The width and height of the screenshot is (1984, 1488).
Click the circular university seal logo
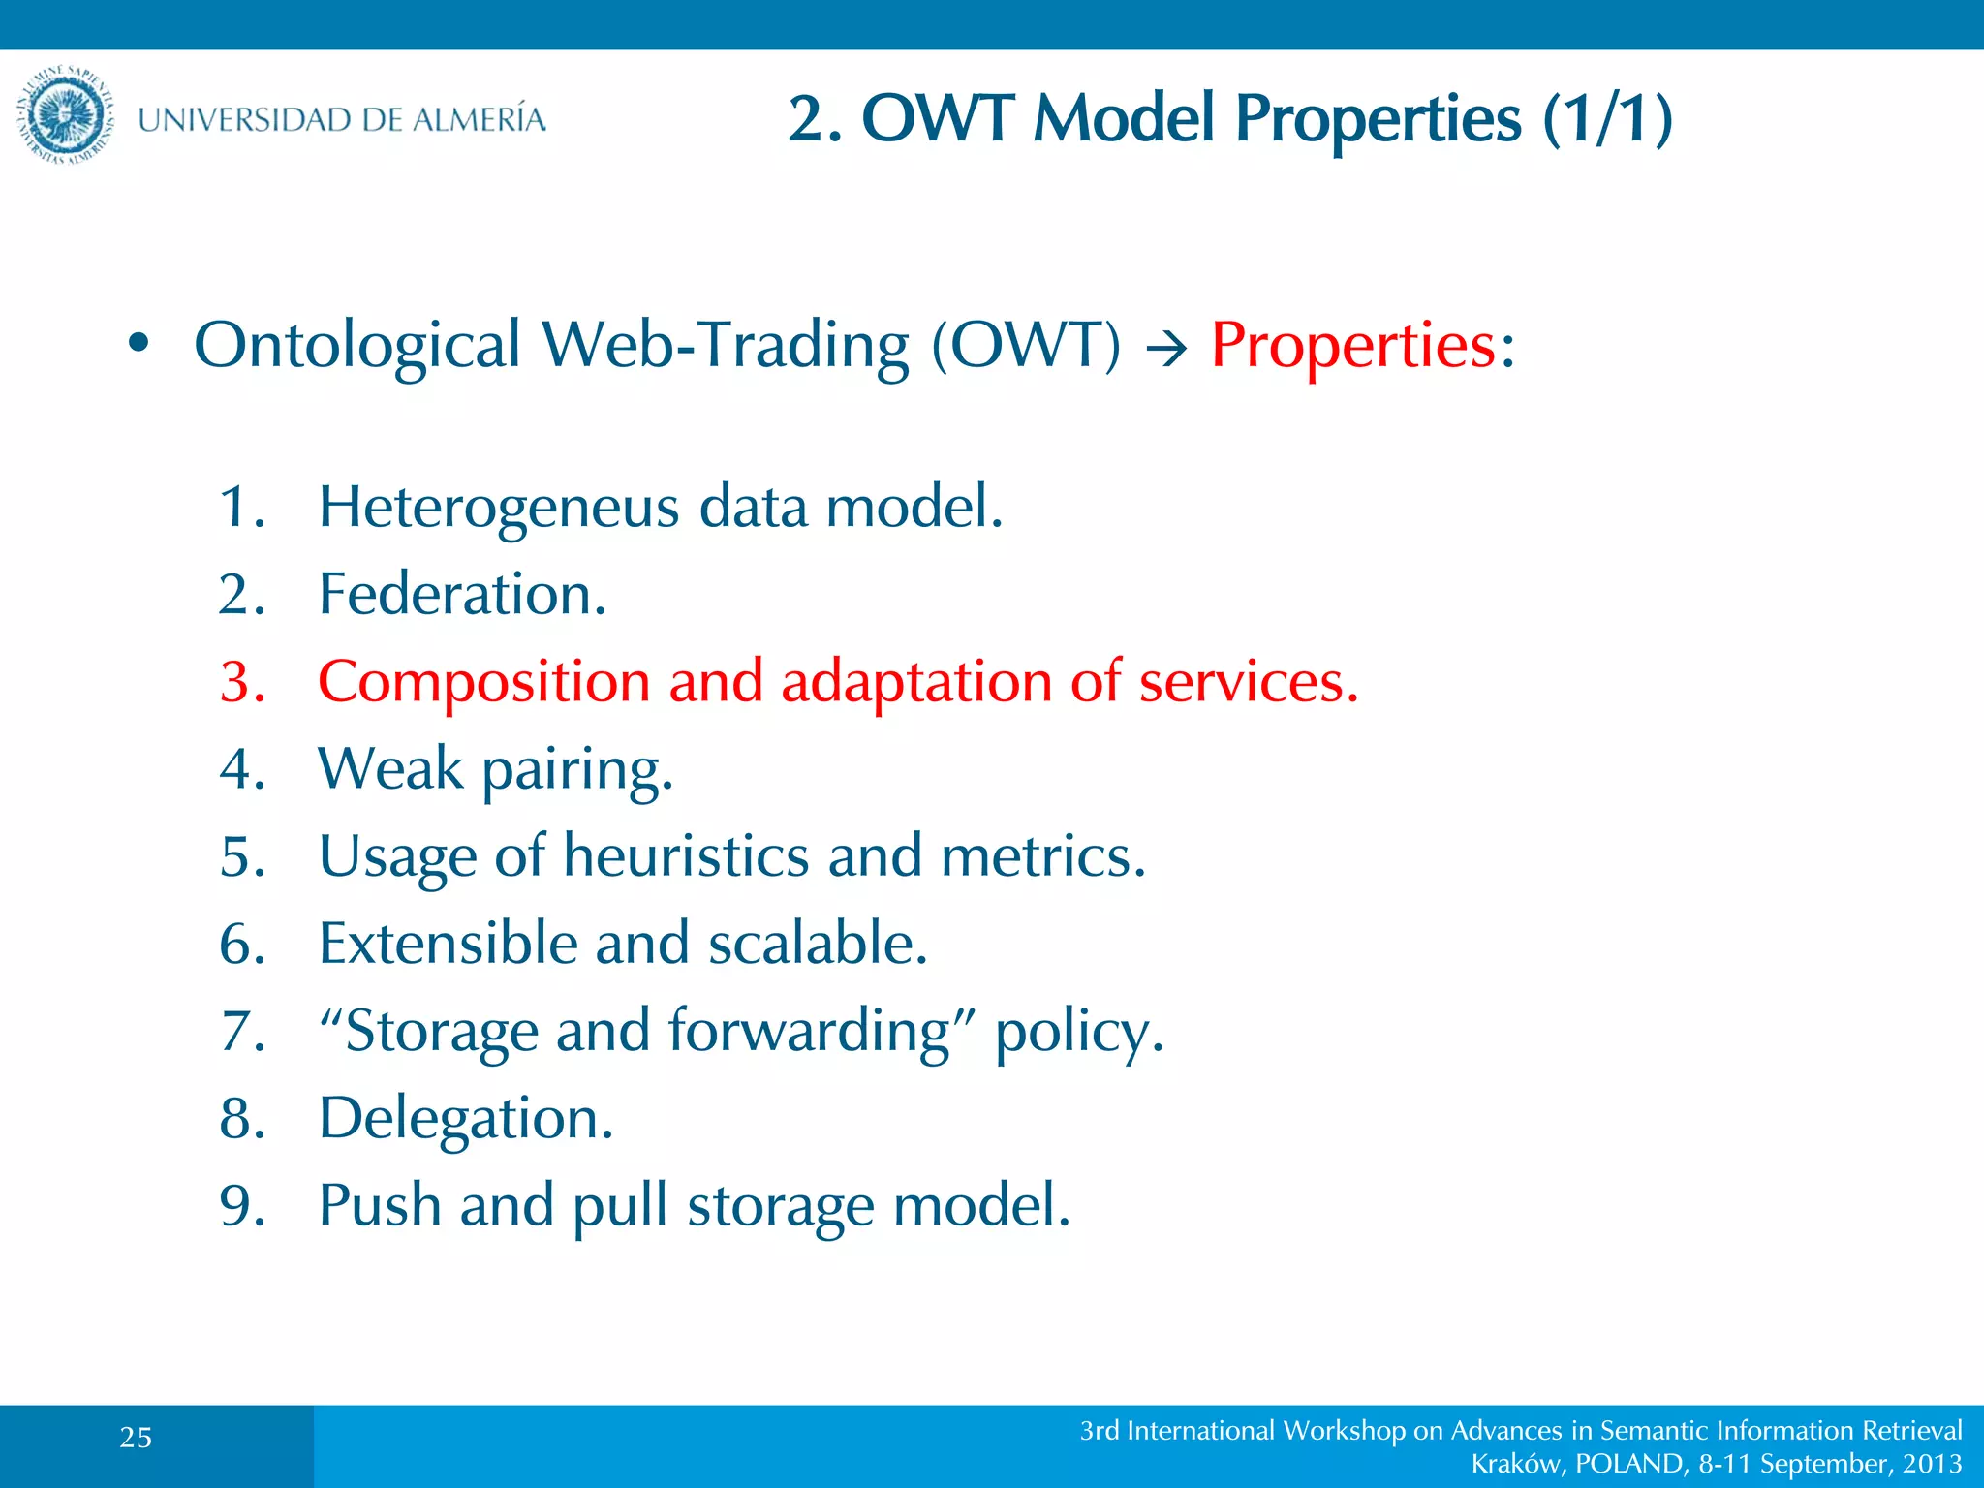click(x=66, y=115)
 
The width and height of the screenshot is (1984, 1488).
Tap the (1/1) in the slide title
click(x=1607, y=119)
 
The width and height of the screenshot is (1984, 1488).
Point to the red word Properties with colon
click(x=1361, y=345)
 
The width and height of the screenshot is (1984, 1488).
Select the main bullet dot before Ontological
click(x=139, y=344)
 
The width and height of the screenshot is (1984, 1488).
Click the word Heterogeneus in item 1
click(x=499, y=507)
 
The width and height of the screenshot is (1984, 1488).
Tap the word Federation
click(x=462, y=594)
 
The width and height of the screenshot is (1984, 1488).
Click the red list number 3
click(x=241, y=682)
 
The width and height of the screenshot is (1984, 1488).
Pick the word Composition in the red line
click(x=483, y=682)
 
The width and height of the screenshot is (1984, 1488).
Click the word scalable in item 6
click(x=817, y=944)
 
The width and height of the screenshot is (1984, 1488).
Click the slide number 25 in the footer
click(x=136, y=1438)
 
